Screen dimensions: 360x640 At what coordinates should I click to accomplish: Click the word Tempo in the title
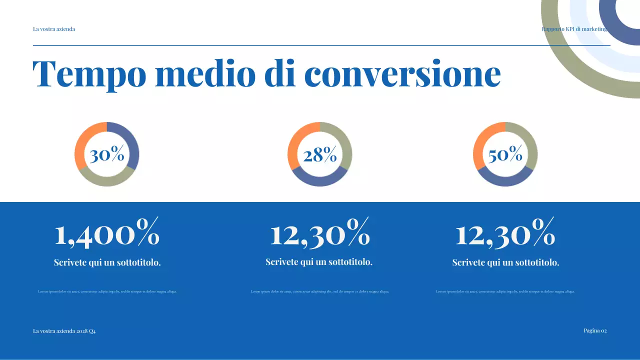tap(89, 74)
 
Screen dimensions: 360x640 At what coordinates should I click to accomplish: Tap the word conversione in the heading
tap(402, 74)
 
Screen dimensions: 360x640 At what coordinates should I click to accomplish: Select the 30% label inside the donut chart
tap(107, 154)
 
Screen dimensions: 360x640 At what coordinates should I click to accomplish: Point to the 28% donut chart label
tap(320, 155)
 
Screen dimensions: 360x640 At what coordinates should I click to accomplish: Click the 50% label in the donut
tap(505, 154)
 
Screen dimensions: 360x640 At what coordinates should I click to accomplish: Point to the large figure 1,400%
tap(107, 233)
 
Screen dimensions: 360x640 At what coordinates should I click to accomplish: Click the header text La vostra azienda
tap(54, 29)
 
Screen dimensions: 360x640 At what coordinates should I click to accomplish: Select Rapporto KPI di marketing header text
tap(574, 29)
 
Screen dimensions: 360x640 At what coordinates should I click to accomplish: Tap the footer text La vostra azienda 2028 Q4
tap(64, 331)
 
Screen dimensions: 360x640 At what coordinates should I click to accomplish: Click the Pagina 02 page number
tap(595, 330)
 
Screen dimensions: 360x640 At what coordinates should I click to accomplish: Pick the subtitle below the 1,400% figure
tap(107, 262)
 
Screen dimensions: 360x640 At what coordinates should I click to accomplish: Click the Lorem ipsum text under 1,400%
tap(107, 291)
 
